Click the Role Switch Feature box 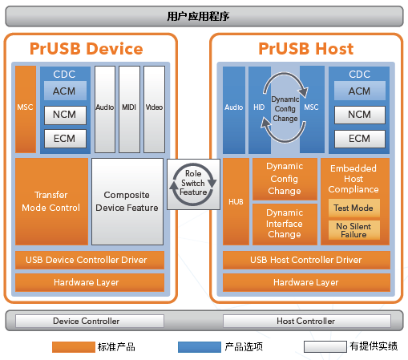[x=193, y=184]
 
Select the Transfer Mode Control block [x=51, y=201]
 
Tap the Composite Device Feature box [x=127, y=201]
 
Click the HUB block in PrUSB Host [x=236, y=201]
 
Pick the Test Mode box [x=354, y=208]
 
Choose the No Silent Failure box [x=354, y=230]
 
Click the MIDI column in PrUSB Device [x=129, y=109]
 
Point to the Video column [x=154, y=109]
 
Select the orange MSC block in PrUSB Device [x=26, y=109]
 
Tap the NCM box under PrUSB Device [x=65, y=115]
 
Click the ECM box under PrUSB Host [x=360, y=139]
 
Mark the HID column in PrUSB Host [x=260, y=110]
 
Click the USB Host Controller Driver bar [x=306, y=260]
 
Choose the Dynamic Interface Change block [x=285, y=224]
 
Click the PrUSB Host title [x=306, y=49]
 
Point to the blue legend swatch [x=200, y=347]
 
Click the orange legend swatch [x=74, y=347]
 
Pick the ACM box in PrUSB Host [x=360, y=91]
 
